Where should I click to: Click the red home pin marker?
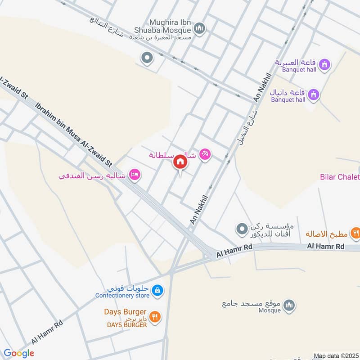pos(180,162)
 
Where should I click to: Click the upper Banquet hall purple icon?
pos(324,66)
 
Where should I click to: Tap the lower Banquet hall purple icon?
pos(315,94)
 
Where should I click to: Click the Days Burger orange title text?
pos(125,312)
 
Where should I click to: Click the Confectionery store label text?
pos(122,296)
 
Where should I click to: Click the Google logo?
pos(19,353)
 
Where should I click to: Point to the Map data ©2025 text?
pos(335,355)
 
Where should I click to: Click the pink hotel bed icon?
pos(134,174)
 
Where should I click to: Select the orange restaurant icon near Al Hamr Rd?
pos(355,233)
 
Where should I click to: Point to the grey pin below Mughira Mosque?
pos(146,58)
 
